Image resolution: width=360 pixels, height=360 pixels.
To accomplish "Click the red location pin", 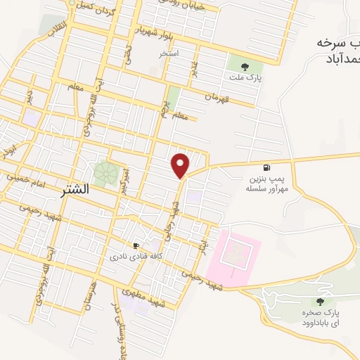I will click(181, 165).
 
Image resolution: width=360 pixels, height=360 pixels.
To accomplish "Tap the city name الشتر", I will click(89, 189).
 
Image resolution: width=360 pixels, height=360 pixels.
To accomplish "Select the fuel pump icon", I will click(265, 167).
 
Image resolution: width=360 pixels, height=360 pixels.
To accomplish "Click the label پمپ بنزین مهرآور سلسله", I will click(265, 185).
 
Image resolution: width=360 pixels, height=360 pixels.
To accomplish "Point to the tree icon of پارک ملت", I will click(244, 66).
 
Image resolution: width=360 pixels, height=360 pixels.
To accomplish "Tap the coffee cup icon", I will click(136, 245).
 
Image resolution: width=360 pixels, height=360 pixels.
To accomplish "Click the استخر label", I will click(169, 53).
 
